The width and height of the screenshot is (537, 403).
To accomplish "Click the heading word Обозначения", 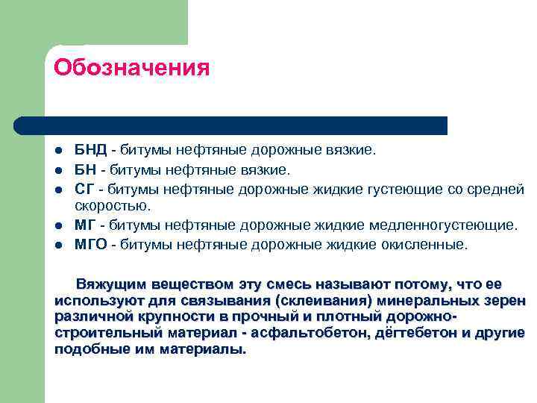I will click(131, 68).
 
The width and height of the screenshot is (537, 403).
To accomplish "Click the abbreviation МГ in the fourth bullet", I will click(84, 225).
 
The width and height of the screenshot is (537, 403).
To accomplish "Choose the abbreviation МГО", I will click(91, 243).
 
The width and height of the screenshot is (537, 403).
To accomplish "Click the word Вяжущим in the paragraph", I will click(111, 284).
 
